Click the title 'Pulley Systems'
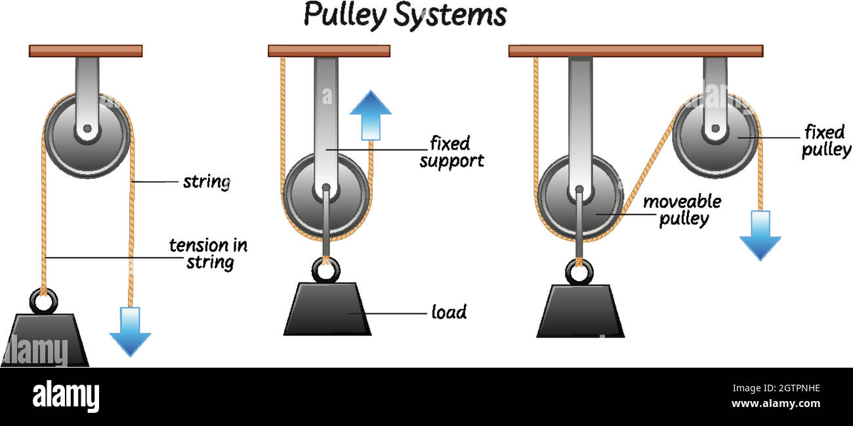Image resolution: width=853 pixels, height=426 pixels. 405,14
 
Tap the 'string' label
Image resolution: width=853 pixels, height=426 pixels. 207,182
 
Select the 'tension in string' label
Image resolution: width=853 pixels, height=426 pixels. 209,254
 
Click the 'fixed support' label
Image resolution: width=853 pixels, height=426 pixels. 451,151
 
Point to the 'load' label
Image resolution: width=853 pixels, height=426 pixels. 449,312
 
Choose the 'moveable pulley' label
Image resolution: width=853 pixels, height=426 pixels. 682,210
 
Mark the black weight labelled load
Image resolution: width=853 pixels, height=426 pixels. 327,309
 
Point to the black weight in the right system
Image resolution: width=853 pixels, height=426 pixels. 580,312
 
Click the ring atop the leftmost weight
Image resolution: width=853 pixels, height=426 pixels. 44,301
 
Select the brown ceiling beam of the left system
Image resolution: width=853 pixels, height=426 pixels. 85,50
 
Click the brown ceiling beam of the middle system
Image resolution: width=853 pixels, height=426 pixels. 329,50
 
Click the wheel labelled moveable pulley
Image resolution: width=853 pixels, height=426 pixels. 579,197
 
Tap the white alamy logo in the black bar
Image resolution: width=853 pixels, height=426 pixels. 66,397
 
